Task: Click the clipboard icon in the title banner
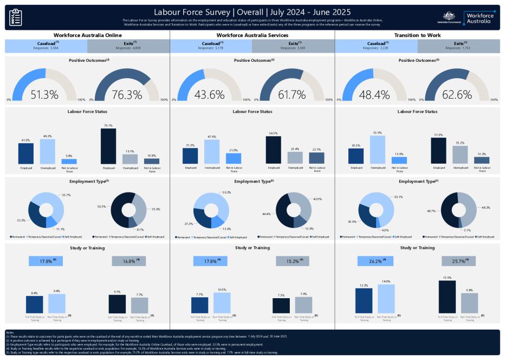pos(16,17)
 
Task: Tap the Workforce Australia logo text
pos(478,17)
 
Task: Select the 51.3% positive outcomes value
pos(44,94)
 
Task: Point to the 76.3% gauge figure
pos(127,94)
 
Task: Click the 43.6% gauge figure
pos(209,94)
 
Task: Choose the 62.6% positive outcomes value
pos(457,94)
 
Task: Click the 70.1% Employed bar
pos(108,146)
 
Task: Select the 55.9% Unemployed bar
pos(378,150)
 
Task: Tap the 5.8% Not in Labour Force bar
pos(69,161)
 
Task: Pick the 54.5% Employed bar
pos(273,150)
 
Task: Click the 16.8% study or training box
pos(129,261)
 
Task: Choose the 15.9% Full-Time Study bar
pos(447,297)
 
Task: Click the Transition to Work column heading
pos(417,35)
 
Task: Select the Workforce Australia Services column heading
pos(252,35)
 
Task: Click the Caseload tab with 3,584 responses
pos(46,46)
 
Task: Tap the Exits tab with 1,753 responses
pos(458,46)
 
